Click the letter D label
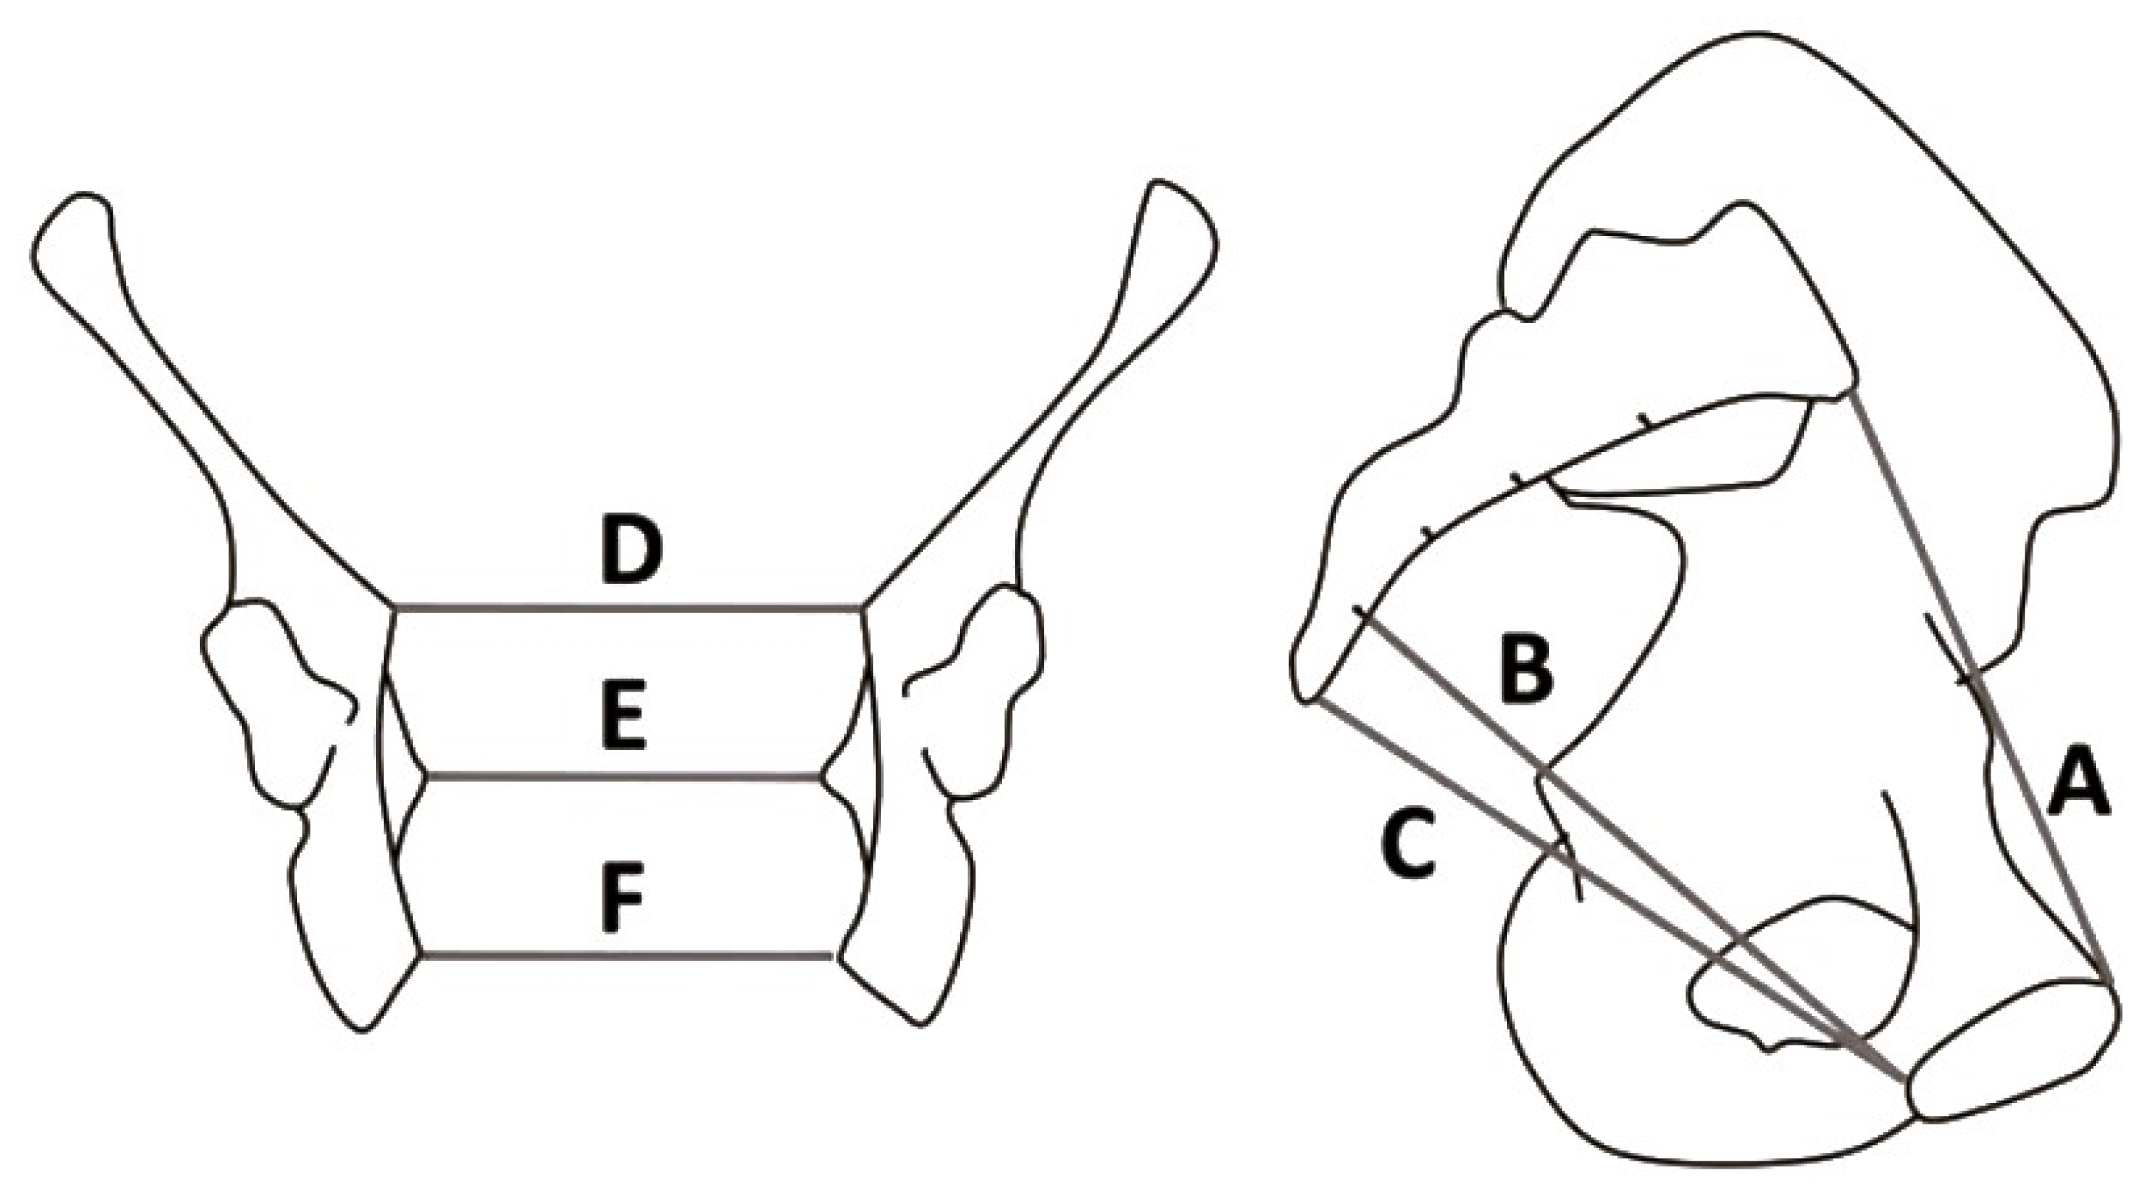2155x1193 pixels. [632, 552]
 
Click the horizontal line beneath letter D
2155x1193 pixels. [627, 608]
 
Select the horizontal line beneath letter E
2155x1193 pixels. [624, 777]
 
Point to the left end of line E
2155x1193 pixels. [428, 777]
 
